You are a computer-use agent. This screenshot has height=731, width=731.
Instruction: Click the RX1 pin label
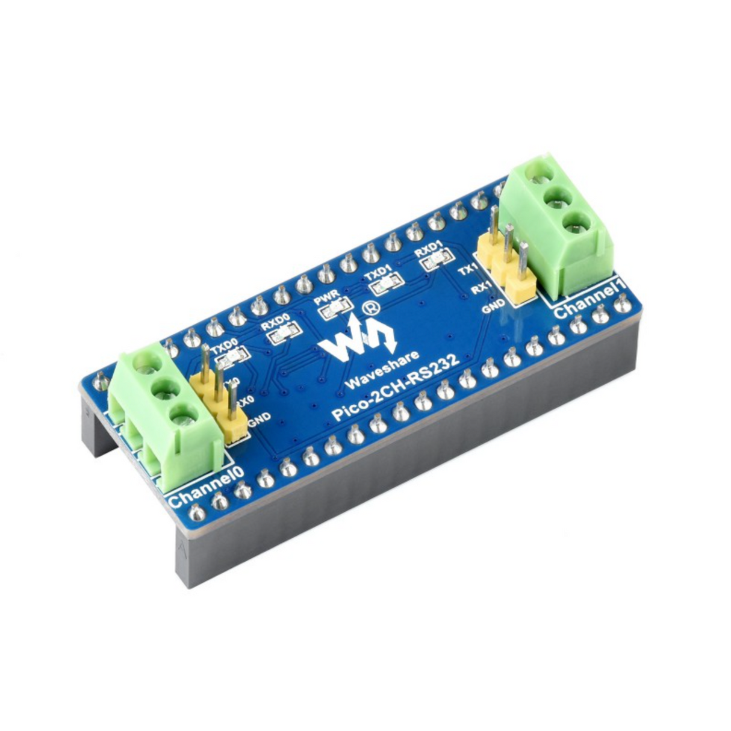tap(480, 289)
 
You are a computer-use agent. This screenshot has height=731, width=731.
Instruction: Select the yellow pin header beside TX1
tap(506, 268)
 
